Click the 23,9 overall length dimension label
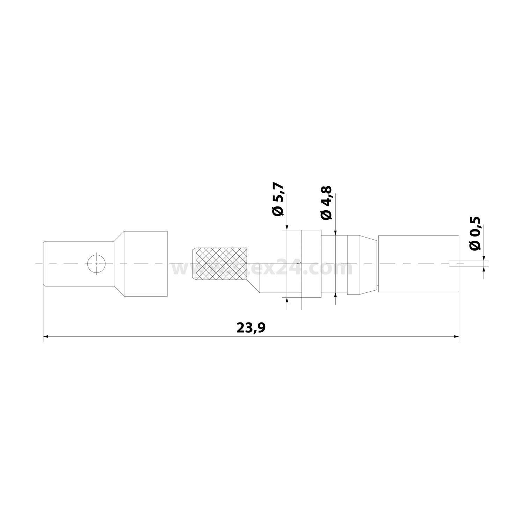pyautogui.click(x=251, y=328)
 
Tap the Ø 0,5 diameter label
pyautogui.click(x=475, y=233)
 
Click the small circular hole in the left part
pyautogui.click(x=97, y=263)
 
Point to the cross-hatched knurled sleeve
pyautogui.click(x=220, y=264)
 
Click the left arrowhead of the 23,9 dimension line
pyautogui.click(x=45, y=337)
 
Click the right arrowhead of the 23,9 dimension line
pyautogui.click(x=456, y=337)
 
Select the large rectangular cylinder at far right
pyautogui.click(x=418, y=264)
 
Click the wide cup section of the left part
pyautogui.click(x=145, y=264)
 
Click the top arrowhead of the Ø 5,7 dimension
pyautogui.click(x=287, y=228)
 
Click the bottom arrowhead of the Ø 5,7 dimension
pyautogui.click(x=287, y=300)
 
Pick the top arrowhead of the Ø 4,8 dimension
pyautogui.click(x=336, y=232)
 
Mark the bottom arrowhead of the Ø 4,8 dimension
pyautogui.click(x=336, y=296)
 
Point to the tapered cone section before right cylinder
pyautogui.click(x=369, y=264)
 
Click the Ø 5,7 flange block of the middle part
pyautogui.click(x=311, y=264)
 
